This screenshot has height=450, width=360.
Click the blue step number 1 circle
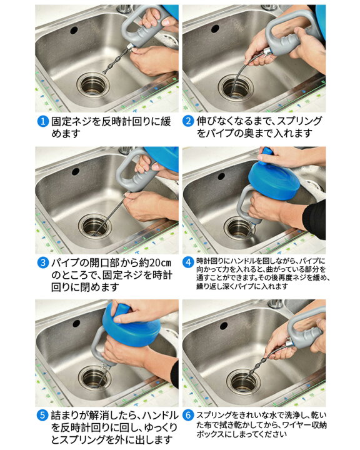coord(42,122)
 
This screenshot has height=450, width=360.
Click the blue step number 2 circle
coord(187,121)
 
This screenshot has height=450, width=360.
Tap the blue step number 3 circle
coord(42,263)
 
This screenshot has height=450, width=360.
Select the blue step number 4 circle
coord(188,262)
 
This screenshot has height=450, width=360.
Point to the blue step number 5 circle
coord(42,415)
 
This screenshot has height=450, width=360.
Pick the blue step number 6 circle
coord(187,415)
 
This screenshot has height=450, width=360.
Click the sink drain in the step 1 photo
coord(93,84)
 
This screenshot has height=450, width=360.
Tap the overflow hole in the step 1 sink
coord(74,30)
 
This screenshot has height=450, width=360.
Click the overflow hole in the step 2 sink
coord(215,28)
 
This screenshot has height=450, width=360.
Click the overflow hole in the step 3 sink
coord(76,172)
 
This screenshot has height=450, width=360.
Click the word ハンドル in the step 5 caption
coord(161,415)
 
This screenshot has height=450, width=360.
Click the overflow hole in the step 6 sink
coord(224,326)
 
